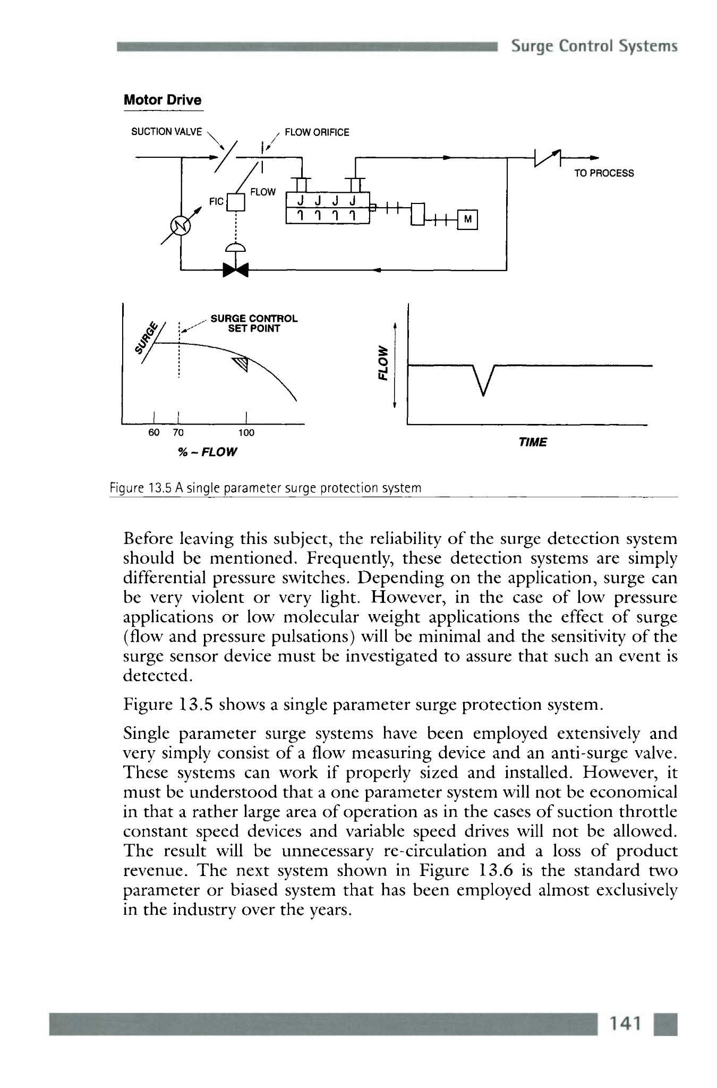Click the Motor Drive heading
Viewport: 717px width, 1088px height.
point(163,100)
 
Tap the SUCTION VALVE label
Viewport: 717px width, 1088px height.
point(166,132)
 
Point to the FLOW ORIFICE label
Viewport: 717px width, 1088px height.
point(317,132)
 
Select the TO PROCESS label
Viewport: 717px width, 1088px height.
point(604,173)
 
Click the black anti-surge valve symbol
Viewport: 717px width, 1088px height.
point(236,270)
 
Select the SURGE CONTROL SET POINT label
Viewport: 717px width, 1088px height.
point(254,324)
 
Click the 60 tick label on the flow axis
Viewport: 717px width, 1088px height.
point(153,432)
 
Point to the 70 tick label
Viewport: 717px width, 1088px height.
point(178,432)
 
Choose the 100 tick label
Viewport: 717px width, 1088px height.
point(246,432)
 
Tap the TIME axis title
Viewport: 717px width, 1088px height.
point(532,443)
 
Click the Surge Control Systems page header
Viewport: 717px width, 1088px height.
point(594,46)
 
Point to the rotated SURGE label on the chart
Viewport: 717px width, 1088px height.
point(146,340)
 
